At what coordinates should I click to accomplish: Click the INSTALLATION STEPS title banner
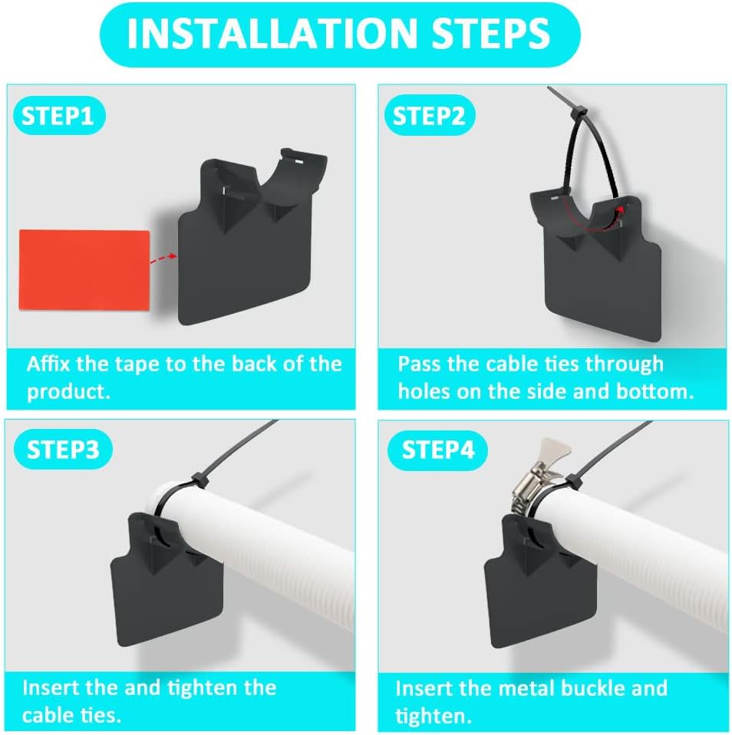click(338, 35)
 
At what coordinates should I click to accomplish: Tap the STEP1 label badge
click(58, 117)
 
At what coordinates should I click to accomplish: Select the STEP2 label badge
click(429, 117)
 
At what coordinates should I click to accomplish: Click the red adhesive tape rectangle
click(84, 269)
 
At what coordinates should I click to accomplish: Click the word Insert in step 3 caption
click(55, 687)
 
